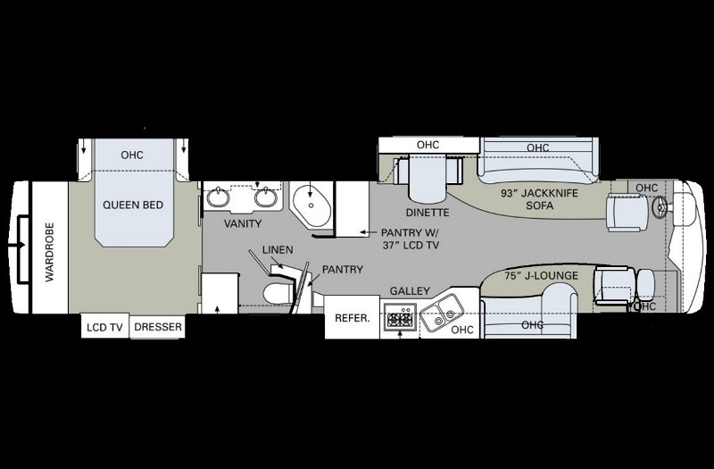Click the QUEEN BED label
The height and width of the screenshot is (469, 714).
click(x=133, y=205)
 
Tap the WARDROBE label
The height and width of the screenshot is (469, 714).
click(x=50, y=252)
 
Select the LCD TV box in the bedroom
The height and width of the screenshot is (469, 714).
click(x=104, y=326)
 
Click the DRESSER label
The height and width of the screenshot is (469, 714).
click(x=158, y=327)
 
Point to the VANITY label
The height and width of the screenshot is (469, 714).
click(x=243, y=224)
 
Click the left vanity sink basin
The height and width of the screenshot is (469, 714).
click(x=218, y=197)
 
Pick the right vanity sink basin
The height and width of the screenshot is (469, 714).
click(x=266, y=197)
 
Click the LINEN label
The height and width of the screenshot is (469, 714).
click(x=278, y=250)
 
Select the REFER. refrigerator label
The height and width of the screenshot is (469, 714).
click(x=353, y=318)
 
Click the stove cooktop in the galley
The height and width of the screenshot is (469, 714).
click(x=400, y=317)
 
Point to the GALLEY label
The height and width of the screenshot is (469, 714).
click(x=410, y=291)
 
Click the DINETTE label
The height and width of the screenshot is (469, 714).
click(x=428, y=213)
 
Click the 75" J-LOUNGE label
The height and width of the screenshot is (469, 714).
click(x=541, y=276)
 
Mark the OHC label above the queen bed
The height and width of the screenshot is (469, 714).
click(x=132, y=155)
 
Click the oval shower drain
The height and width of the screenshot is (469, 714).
click(x=311, y=205)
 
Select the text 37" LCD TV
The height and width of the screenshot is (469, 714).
click(x=411, y=245)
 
